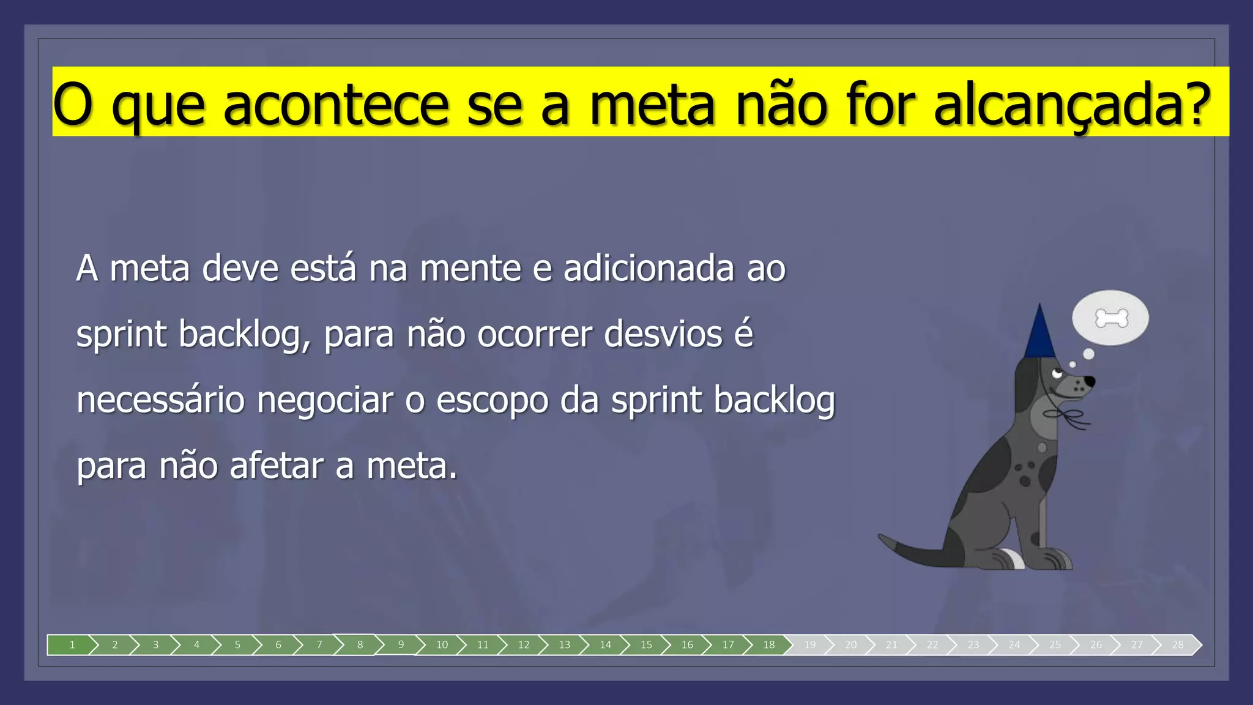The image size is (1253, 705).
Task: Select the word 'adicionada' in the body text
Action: point(648,269)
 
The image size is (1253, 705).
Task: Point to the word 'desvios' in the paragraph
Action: point(663,335)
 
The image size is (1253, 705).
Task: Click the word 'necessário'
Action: point(160,401)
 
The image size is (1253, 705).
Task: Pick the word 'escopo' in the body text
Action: point(492,401)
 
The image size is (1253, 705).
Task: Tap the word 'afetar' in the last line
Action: point(277,466)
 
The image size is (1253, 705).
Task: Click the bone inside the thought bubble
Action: point(1111,318)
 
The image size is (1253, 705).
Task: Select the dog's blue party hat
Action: point(1039,334)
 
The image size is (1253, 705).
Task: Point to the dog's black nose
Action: point(1090,381)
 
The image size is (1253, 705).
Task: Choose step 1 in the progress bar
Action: point(72,644)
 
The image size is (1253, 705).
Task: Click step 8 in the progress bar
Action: point(360,644)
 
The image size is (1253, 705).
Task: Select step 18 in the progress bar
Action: point(769,644)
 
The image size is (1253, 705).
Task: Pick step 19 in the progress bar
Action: point(810,644)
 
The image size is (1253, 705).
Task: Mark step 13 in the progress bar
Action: point(564,644)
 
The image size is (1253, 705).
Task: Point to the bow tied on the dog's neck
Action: point(1068,417)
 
